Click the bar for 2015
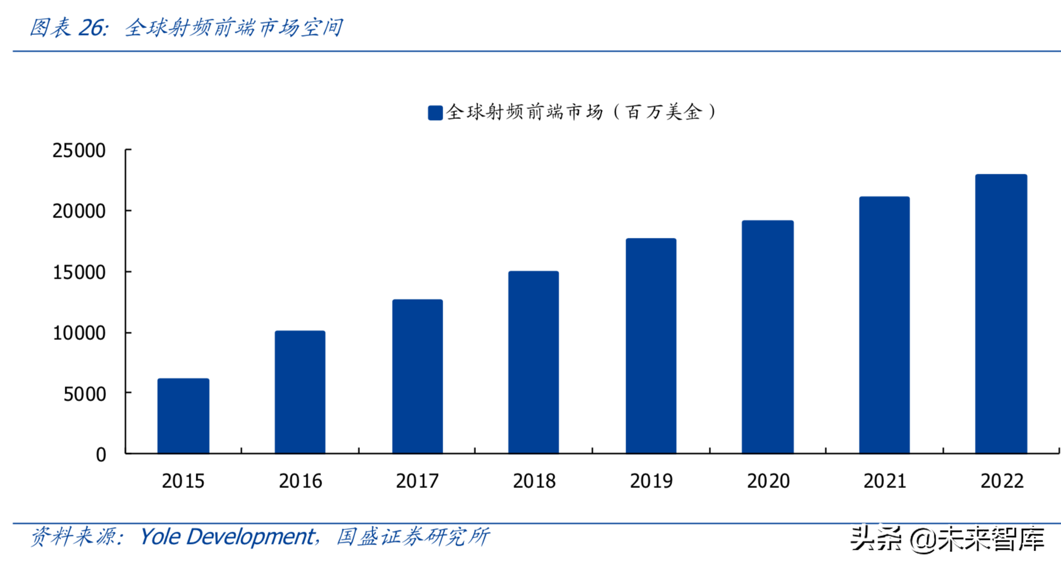[x=183, y=416]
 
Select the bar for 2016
[x=300, y=392]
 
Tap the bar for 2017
[x=417, y=376]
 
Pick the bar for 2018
[x=533, y=362]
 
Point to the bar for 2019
[x=651, y=346]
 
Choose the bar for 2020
[x=768, y=336]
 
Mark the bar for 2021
[x=884, y=325]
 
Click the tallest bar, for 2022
[x=1001, y=314]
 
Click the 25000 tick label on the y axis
[x=79, y=151]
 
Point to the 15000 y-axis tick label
[x=79, y=273]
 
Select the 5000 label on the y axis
[x=85, y=395]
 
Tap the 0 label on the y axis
[x=101, y=455]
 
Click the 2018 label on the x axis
[x=534, y=482]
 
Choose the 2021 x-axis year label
[x=885, y=482]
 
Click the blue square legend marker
[x=435, y=113]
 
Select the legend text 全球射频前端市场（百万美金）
[x=581, y=112]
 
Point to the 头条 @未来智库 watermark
[x=947, y=539]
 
